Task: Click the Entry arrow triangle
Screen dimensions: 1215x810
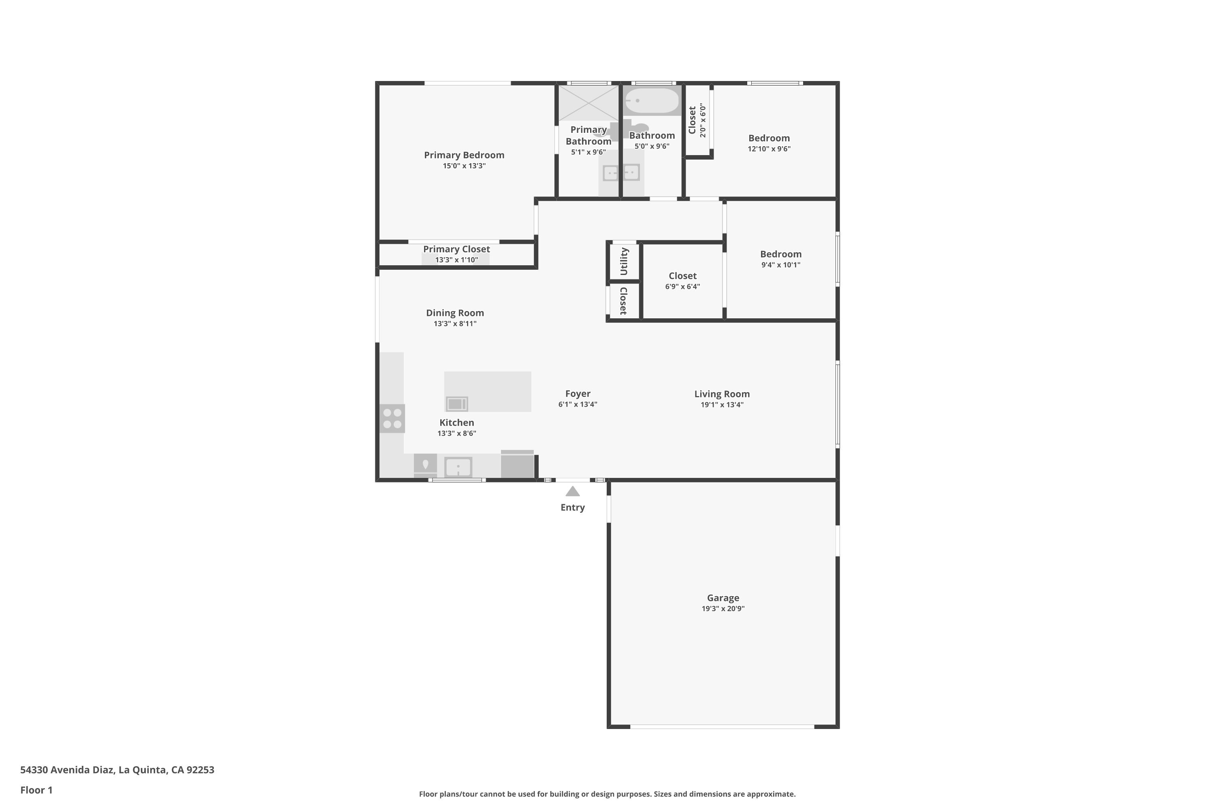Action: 572,491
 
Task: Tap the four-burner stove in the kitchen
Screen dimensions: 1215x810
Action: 392,418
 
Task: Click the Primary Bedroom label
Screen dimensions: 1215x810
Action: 464,155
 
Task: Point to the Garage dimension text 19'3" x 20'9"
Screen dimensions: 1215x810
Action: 723,609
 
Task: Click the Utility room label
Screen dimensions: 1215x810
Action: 624,261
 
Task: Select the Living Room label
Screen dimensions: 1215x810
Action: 722,394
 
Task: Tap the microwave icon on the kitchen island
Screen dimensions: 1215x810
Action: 457,404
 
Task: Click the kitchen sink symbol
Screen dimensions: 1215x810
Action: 458,467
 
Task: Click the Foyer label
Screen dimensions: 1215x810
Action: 578,394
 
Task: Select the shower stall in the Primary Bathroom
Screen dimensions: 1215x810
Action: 588,103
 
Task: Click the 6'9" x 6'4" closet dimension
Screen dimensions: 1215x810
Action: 682,287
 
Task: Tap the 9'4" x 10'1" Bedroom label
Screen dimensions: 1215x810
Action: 780,254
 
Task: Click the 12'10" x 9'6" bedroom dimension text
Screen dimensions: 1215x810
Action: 769,149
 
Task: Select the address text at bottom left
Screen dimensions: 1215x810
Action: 117,770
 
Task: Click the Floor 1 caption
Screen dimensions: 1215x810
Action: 36,790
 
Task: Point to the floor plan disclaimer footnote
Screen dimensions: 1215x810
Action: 607,794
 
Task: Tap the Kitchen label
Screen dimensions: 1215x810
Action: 457,422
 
